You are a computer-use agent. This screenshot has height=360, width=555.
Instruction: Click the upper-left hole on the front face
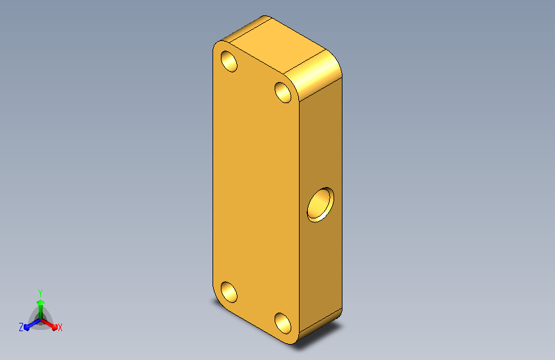[x=229, y=61]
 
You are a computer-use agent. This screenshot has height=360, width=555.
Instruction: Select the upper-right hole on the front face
[x=283, y=92]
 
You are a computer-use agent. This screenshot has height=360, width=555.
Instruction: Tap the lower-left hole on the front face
[x=229, y=292]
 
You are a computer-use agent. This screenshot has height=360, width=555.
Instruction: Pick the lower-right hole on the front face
[x=283, y=323]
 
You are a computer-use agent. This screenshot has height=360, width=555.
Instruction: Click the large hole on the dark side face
[x=320, y=205]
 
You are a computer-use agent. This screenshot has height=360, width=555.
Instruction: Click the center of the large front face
[x=256, y=192]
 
